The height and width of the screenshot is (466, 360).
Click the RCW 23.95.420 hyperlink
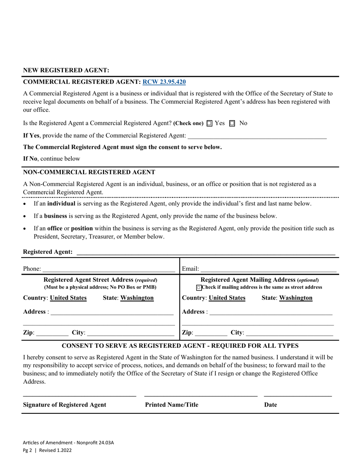pyautogui.click(x=164, y=81)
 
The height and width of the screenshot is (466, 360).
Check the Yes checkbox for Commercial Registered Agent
pyautogui.click(x=210, y=124)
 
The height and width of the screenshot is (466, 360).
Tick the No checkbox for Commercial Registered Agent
pyautogui.click(x=232, y=124)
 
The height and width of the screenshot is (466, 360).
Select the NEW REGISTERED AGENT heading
pyautogui.click(x=66, y=70)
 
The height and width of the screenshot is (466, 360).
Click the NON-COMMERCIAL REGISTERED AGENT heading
pyautogui.click(x=89, y=172)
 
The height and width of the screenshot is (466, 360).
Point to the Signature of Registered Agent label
pyautogui.click(x=64, y=405)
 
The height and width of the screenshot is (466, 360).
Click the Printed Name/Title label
pyautogui.click(x=171, y=405)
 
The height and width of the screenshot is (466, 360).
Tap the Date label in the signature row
pyautogui.click(x=271, y=405)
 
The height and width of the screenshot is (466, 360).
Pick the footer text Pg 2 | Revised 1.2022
pyautogui.click(x=47, y=450)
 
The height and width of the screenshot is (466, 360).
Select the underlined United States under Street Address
pyautogui.click(x=68, y=298)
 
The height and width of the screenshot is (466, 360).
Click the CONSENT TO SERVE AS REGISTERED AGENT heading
pyautogui.click(x=180, y=346)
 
